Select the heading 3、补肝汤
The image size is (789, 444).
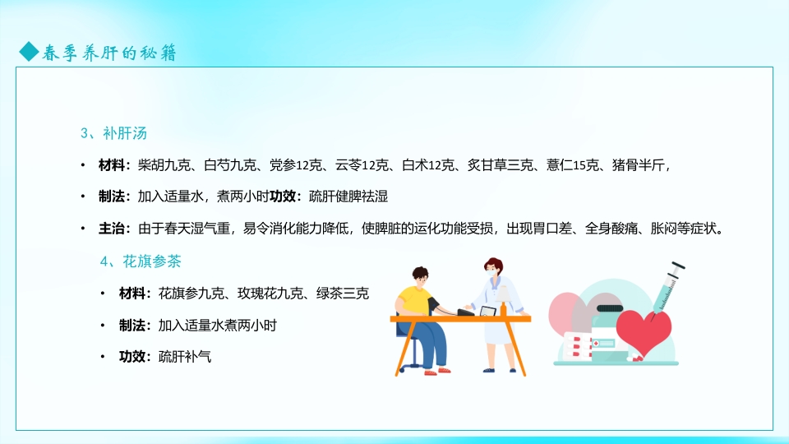tap(113, 132)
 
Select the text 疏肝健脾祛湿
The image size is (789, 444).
tap(348, 197)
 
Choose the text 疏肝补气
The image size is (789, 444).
tap(185, 357)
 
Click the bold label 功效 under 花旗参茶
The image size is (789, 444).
tap(132, 357)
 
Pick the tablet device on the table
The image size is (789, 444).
tap(487, 311)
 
